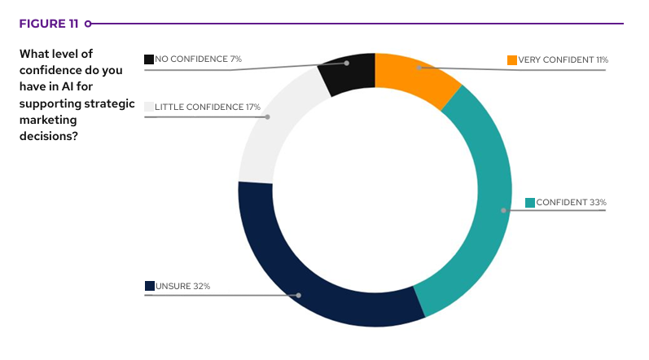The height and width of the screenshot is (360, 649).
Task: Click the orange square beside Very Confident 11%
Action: pos(512,60)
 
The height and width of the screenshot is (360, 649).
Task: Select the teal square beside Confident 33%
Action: pos(530,202)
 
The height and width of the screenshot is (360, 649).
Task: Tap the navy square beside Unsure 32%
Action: pos(150,286)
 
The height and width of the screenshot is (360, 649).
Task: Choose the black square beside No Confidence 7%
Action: pos(149,59)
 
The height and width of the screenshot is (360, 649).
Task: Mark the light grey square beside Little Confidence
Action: pos(149,107)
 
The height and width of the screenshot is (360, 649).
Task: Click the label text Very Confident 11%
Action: pos(563,60)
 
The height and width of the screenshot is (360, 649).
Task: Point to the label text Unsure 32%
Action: pos(182,286)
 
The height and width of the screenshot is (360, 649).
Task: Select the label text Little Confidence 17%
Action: pos(208,107)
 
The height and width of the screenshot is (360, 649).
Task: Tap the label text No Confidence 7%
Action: pos(198,59)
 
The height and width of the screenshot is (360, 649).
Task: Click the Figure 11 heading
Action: pos(48,24)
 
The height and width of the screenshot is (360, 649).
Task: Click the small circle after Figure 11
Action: pos(87,24)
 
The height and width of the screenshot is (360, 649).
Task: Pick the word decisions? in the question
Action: pos(49,136)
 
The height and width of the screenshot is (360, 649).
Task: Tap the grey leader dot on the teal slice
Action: pos(504,210)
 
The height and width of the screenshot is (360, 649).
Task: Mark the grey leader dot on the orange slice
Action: pos(418,68)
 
